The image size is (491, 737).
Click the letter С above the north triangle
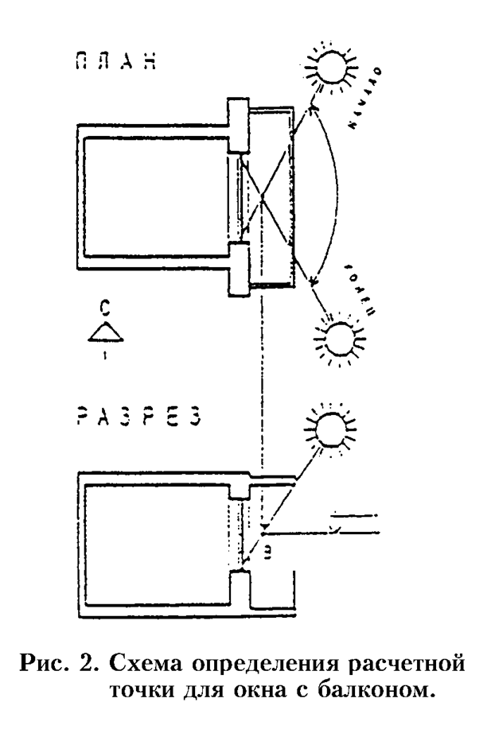click(x=103, y=306)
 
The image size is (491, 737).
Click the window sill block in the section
click(x=239, y=592)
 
